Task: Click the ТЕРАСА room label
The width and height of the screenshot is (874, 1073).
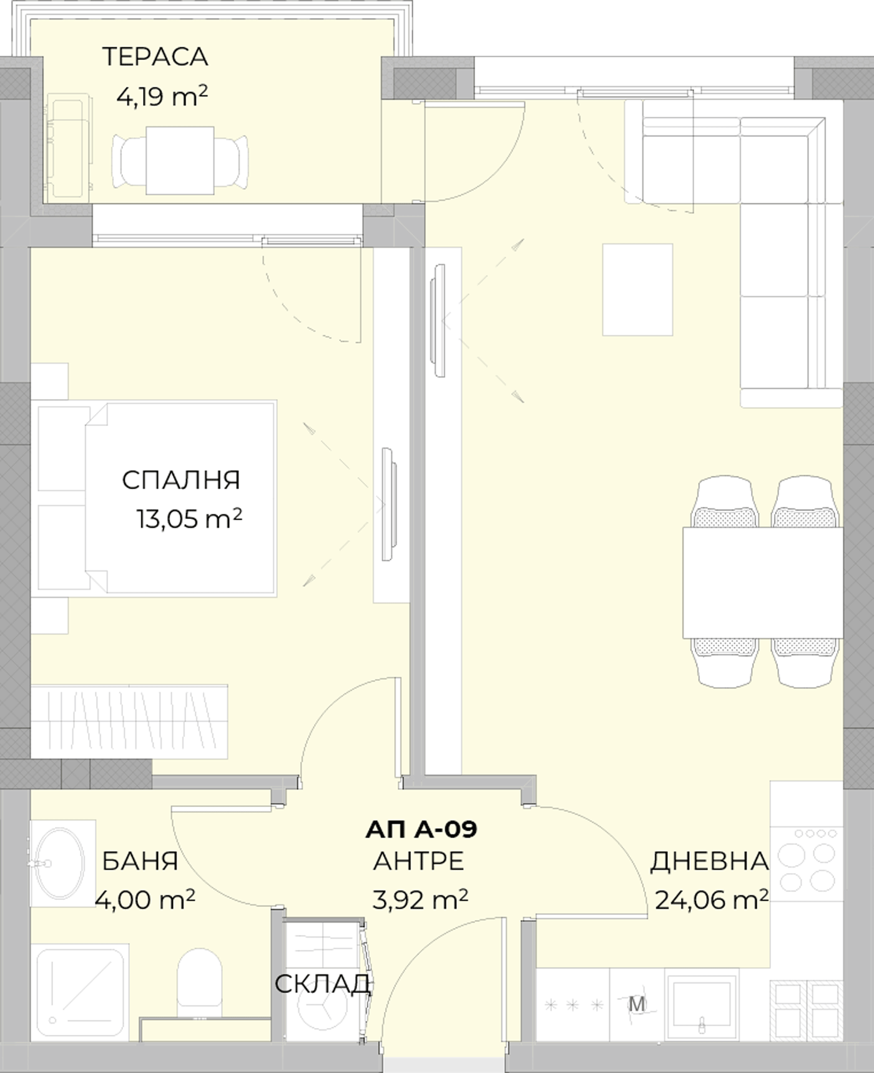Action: [155, 57]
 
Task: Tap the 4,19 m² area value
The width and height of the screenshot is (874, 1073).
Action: [162, 97]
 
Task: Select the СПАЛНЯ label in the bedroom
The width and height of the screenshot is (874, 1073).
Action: [181, 480]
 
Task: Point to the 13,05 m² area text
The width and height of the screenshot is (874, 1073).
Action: [189, 518]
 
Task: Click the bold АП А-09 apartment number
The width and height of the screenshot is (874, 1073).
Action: [421, 829]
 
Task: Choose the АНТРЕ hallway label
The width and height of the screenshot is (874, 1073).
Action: [419, 861]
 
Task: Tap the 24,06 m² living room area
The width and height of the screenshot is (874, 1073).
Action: [712, 900]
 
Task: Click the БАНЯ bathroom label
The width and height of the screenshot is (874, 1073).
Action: [140, 861]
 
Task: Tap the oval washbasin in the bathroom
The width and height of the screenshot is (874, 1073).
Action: [59, 864]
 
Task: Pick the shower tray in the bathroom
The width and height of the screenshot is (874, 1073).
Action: [81, 993]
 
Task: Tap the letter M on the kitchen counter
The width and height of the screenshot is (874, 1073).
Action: [636, 1004]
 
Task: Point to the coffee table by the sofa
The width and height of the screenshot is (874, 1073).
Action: [637, 290]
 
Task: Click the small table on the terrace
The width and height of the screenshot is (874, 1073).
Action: [180, 160]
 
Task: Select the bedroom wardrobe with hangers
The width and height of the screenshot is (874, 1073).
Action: [129, 721]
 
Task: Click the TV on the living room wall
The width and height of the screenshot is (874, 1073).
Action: [438, 320]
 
